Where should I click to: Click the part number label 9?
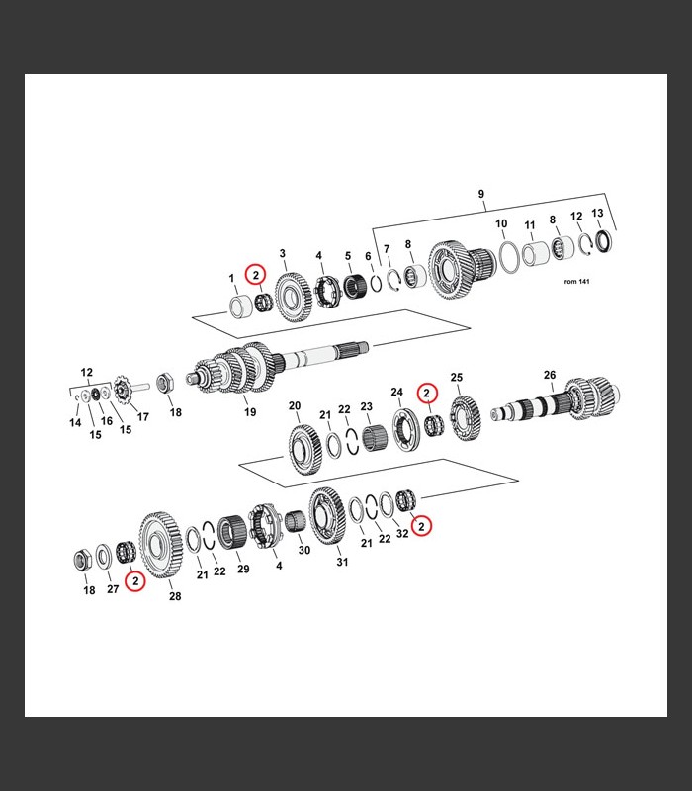click(480, 194)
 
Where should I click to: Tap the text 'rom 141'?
click(576, 282)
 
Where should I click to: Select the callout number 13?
click(597, 213)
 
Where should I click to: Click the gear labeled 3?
click(293, 298)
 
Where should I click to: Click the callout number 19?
click(250, 412)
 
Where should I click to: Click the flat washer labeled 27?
click(104, 557)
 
